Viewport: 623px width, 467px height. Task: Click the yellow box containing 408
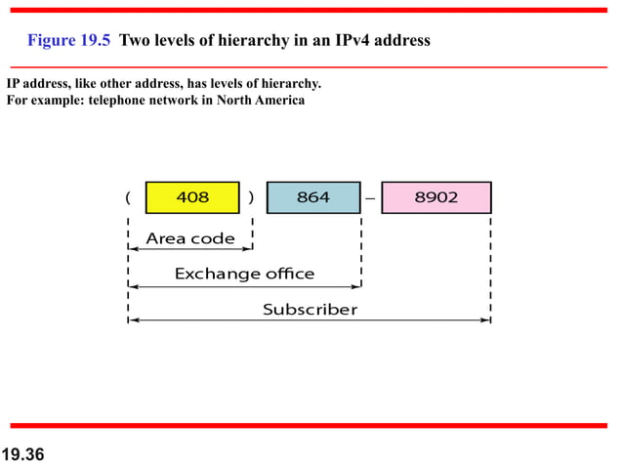tap(192, 197)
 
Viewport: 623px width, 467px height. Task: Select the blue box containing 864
tap(313, 197)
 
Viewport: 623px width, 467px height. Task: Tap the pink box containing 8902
tap(436, 197)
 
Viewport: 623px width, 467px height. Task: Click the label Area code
tap(190, 237)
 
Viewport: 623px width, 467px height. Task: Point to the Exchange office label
tap(244, 274)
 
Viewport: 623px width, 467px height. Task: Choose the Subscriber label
tap(310, 310)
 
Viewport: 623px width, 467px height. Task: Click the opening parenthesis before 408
tap(128, 197)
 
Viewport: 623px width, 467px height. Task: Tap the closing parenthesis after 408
tap(252, 197)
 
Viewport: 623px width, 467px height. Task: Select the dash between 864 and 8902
tap(370, 198)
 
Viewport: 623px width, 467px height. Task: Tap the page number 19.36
tap(24, 454)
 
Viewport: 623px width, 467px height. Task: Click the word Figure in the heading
tap(49, 41)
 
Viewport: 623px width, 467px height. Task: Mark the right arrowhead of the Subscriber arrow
tap(486, 320)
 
